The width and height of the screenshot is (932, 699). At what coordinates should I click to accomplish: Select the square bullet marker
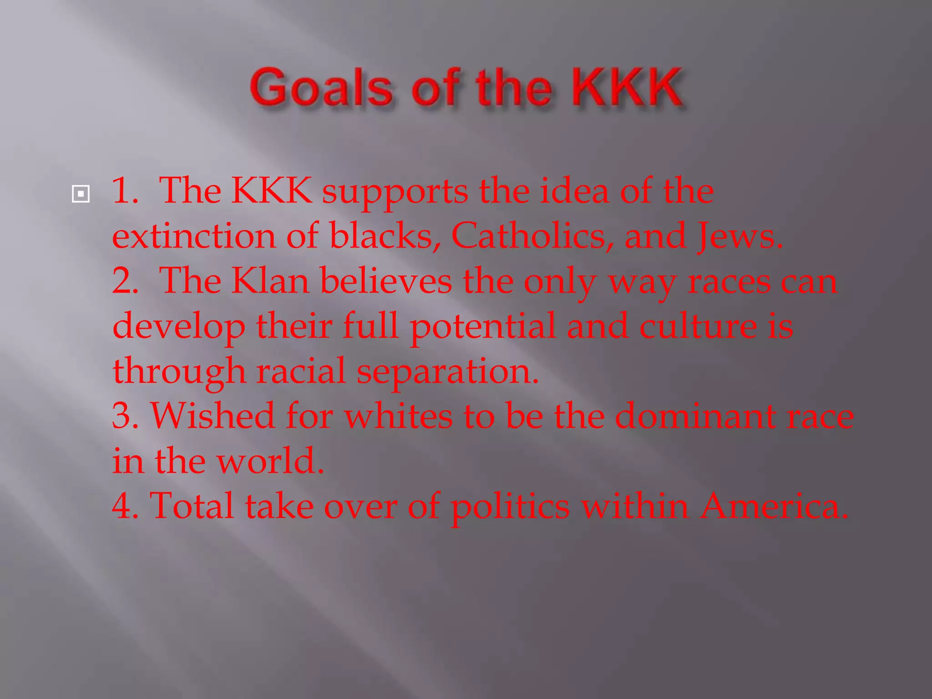[x=81, y=194]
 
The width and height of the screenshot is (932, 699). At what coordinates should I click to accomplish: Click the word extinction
[x=194, y=236]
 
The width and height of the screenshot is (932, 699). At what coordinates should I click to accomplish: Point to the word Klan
[x=270, y=281]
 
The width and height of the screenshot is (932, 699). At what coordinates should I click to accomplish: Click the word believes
[x=386, y=281]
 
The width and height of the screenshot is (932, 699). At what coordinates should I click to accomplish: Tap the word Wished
[x=213, y=415]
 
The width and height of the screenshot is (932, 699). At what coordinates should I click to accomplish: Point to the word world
[x=270, y=461]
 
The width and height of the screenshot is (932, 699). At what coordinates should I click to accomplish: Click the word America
[x=774, y=506]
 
